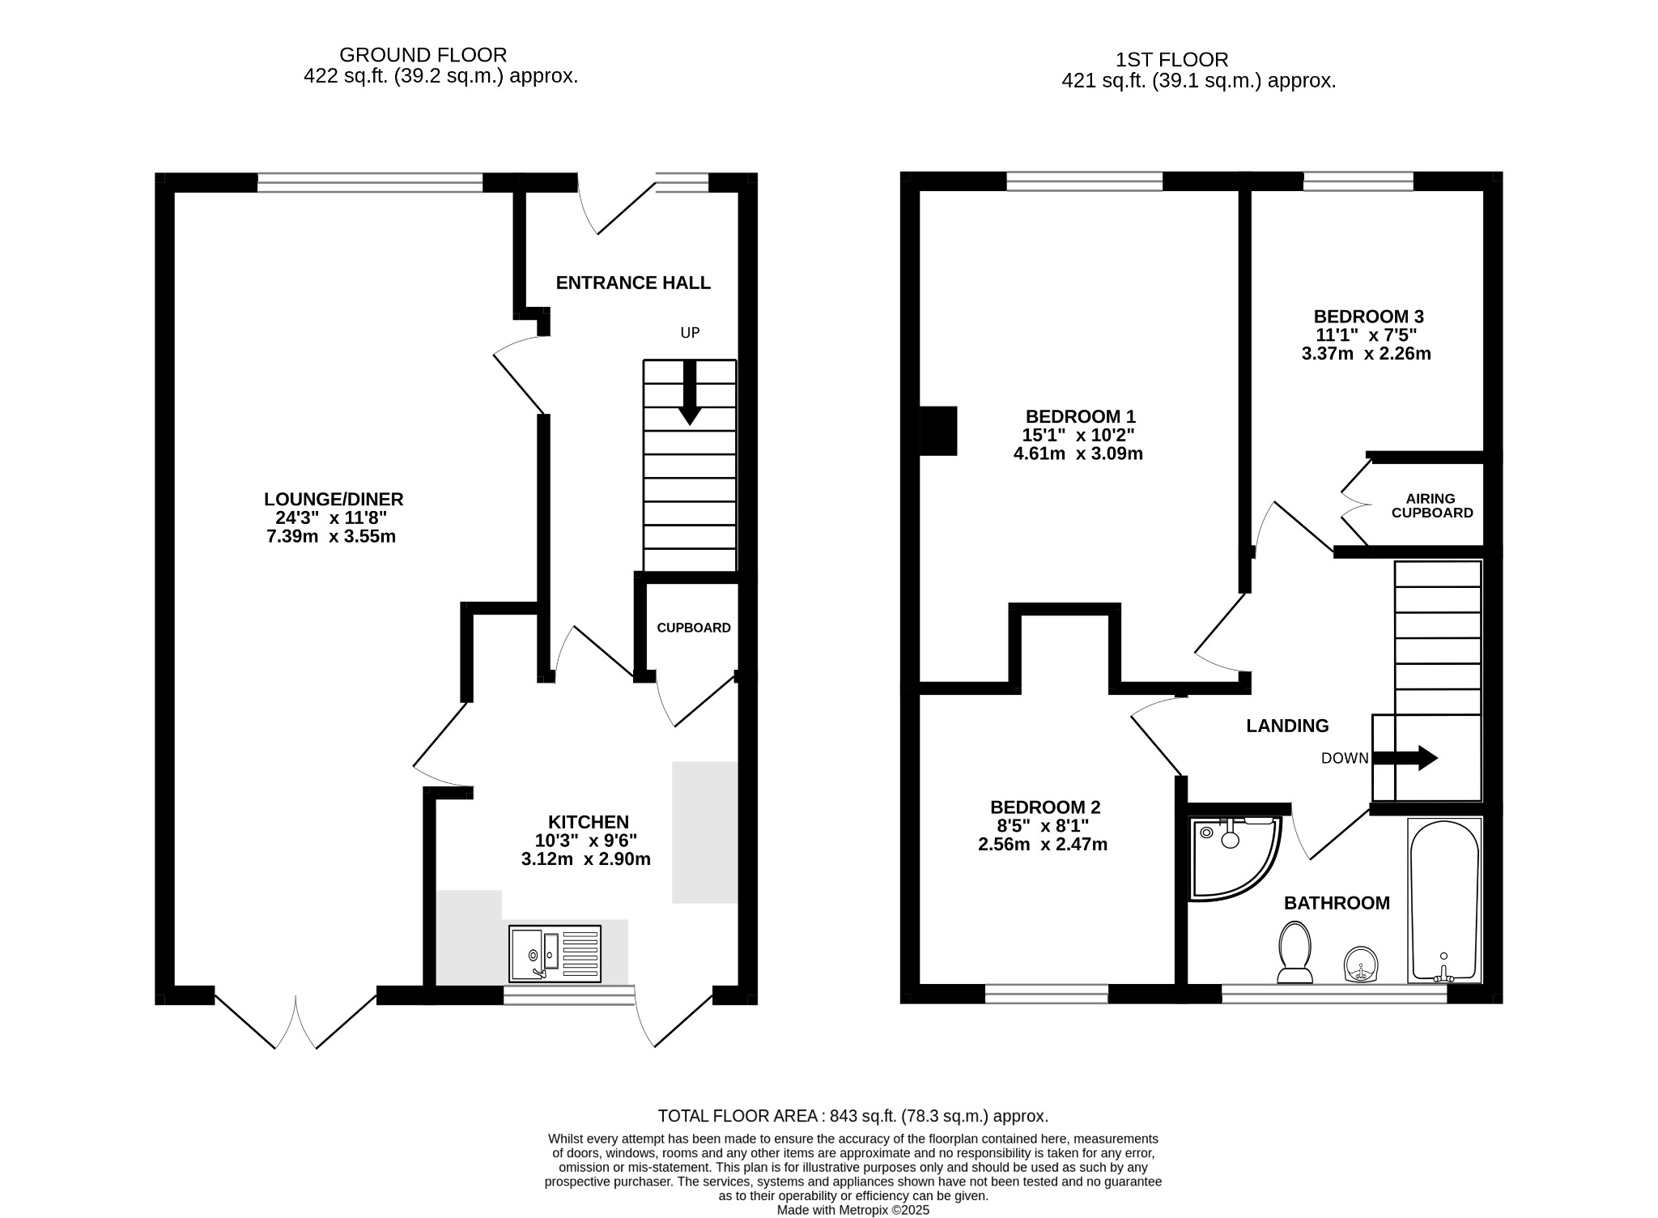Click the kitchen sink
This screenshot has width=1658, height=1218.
pyautogui.click(x=555, y=953)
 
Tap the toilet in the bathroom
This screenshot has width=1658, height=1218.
pyautogui.click(x=1295, y=952)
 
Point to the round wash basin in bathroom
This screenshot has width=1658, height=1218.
pyautogui.click(x=1362, y=965)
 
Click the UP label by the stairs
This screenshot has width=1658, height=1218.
pyautogui.click(x=690, y=333)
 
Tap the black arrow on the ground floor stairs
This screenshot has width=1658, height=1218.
pyautogui.click(x=690, y=393)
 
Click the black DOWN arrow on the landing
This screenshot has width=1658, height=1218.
pyautogui.click(x=1405, y=758)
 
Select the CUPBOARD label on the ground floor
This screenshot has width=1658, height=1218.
pyautogui.click(x=694, y=628)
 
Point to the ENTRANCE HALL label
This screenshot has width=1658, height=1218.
pyautogui.click(x=633, y=283)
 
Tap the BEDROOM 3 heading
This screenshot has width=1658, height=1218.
pyautogui.click(x=1368, y=317)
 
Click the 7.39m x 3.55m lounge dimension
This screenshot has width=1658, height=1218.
pyautogui.click(x=331, y=536)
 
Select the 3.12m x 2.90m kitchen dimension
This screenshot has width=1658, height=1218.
pyautogui.click(x=586, y=859)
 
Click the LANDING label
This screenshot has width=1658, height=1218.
pyautogui.click(x=1287, y=726)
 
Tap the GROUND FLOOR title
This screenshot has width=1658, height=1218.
pyautogui.click(x=423, y=55)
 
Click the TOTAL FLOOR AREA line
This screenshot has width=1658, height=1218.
pyautogui.click(x=853, y=1116)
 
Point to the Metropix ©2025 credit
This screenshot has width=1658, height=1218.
pyautogui.click(x=853, y=1210)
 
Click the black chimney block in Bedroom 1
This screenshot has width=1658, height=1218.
pyautogui.click(x=939, y=431)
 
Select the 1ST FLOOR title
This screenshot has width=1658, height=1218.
pyautogui.click(x=1171, y=60)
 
